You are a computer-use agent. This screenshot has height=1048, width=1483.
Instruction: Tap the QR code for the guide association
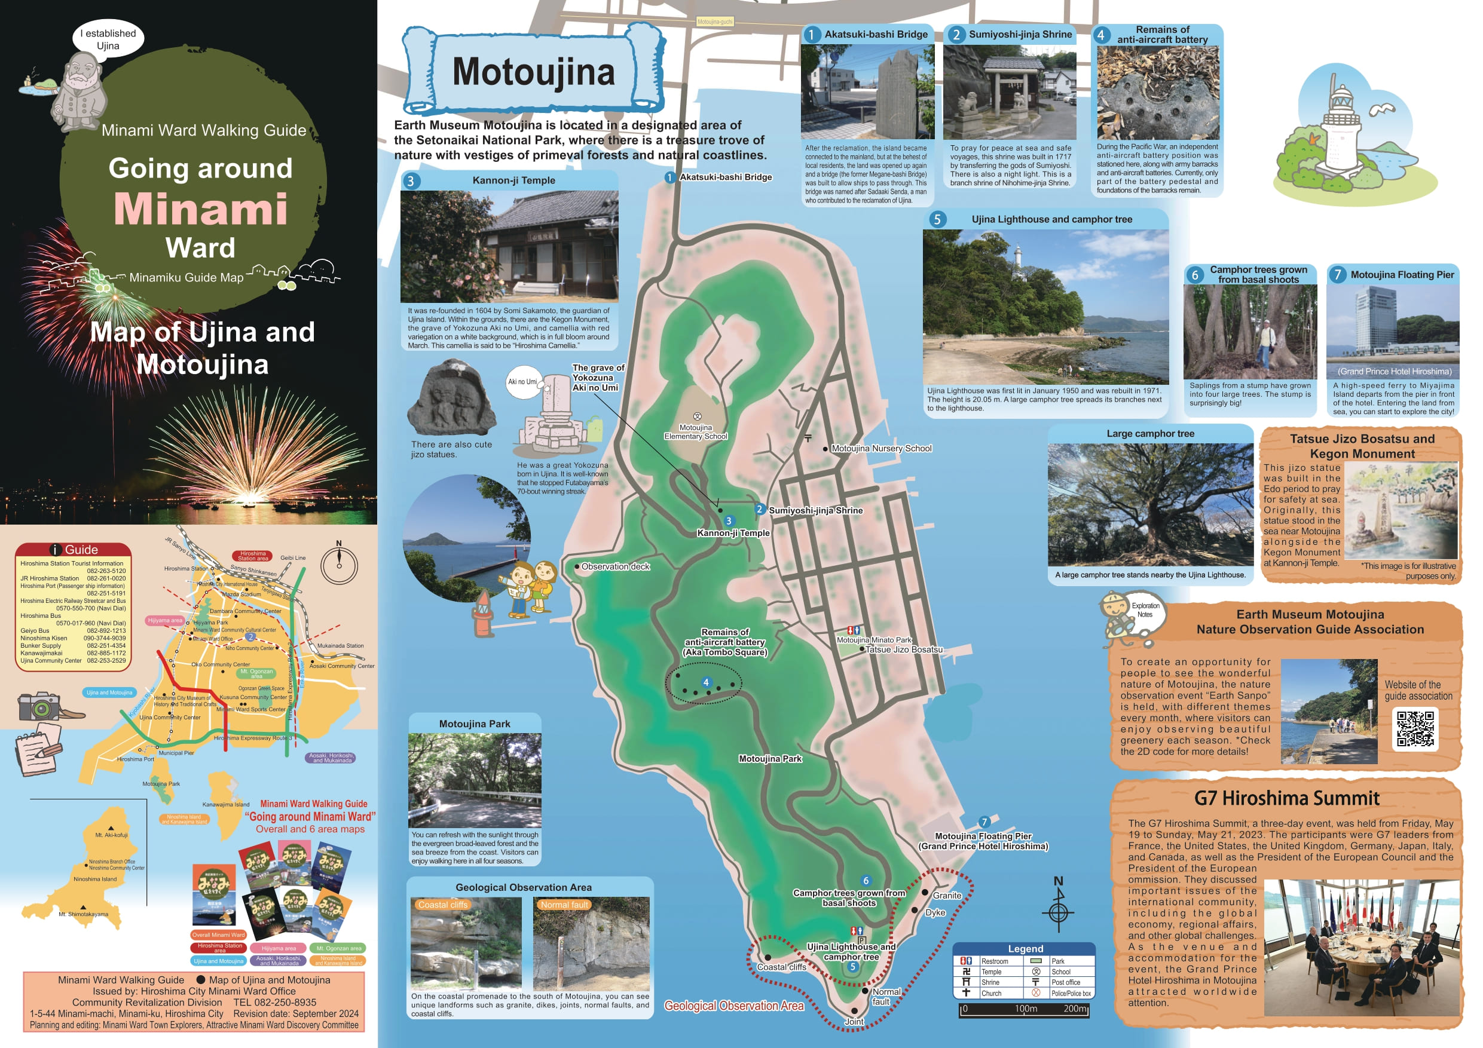(x=1415, y=728)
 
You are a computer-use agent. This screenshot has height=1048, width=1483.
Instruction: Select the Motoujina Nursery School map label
(x=881, y=449)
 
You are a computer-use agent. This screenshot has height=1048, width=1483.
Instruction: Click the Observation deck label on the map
(x=615, y=567)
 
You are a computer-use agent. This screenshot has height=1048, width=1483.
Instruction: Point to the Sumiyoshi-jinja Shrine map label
(x=815, y=511)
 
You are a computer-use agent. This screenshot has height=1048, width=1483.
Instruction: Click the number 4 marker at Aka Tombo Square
(x=706, y=682)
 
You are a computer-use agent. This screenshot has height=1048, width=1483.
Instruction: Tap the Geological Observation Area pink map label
(x=734, y=1006)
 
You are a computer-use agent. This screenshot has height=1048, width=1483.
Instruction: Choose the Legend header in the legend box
(x=1025, y=949)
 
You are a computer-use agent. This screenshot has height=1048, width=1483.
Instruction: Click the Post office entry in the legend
(x=1065, y=982)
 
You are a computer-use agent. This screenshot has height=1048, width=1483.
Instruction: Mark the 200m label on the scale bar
(x=1075, y=1009)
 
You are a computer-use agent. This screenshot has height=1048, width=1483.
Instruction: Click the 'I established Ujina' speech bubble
(x=108, y=39)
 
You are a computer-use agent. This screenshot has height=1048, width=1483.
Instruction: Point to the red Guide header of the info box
(x=74, y=550)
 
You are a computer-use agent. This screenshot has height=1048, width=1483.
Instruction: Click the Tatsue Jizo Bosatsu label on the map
(x=904, y=649)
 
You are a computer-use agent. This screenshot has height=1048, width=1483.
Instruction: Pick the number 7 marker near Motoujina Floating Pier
(x=984, y=822)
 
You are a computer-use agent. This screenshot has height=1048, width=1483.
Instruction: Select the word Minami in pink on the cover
(x=201, y=209)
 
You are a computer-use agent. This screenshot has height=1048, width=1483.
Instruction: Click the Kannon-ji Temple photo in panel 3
(x=509, y=247)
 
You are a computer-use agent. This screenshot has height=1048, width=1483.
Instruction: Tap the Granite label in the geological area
(x=947, y=896)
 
